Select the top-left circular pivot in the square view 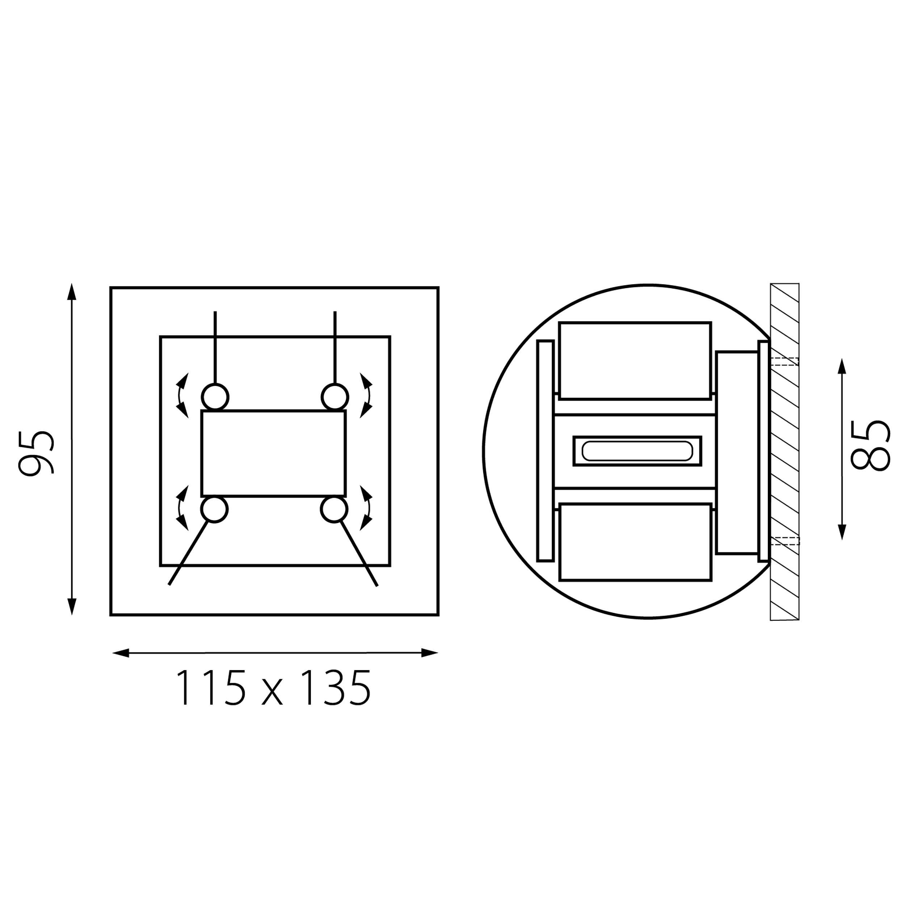tap(215, 397)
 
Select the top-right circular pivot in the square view tap(335, 397)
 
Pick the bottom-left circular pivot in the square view tap(215, 509)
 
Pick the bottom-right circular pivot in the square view tap(334, 509)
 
